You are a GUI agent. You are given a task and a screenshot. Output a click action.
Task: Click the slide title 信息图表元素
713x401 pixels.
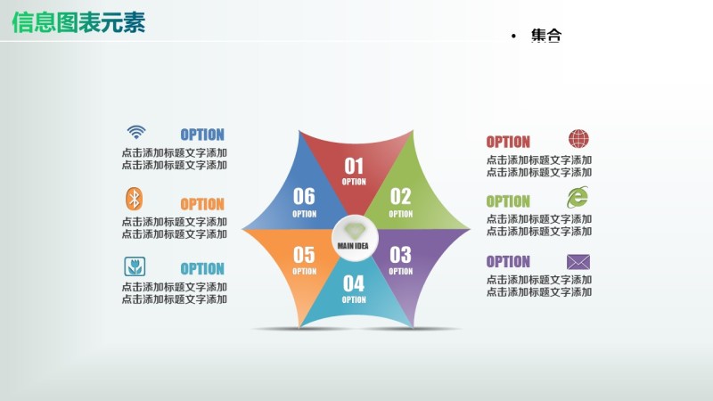[78, 22]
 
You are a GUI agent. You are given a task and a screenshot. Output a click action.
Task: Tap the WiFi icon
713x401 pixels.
[135, 132]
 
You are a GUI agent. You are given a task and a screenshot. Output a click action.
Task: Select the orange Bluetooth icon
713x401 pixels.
[134, 199]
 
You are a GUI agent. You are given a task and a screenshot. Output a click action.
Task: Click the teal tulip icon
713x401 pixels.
[135, 266]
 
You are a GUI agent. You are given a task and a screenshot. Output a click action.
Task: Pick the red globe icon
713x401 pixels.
[578, 139]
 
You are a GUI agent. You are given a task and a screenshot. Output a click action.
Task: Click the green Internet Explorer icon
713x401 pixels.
[578, 197]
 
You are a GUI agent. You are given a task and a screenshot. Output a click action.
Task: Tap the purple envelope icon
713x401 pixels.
[578, 261]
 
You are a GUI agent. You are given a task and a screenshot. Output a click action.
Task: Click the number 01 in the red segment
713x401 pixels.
[354, 167]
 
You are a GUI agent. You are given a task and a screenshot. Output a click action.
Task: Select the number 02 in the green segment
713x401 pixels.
[400, 197]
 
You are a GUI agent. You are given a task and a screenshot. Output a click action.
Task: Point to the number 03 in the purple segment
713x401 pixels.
[400, 255]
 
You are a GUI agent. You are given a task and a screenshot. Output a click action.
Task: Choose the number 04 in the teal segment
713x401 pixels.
[354, 284]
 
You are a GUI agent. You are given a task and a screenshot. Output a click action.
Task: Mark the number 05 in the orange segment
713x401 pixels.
[304, 255]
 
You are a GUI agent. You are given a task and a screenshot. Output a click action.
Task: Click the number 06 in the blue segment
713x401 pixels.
[304, 197]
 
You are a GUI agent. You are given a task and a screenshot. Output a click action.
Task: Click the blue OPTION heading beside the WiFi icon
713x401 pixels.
[202, 135]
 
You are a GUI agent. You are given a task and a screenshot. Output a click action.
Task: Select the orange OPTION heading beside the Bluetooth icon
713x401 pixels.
[202, 204]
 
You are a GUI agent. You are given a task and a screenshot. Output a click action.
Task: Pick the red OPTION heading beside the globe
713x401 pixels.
[508, 142]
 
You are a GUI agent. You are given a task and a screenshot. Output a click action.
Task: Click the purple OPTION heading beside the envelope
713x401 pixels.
[508, 262]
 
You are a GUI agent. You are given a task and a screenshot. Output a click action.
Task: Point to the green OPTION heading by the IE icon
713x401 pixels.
[508, 201]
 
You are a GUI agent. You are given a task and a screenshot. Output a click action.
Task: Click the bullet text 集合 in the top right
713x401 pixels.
[546, 36]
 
